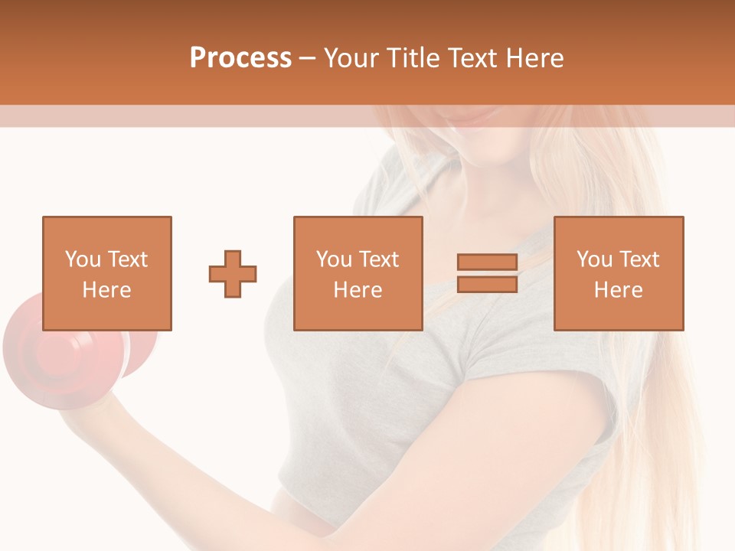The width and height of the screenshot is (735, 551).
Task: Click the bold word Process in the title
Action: point(240,58)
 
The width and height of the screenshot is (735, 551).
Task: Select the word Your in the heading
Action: point(352,58)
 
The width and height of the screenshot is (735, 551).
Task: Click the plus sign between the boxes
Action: point(233,274)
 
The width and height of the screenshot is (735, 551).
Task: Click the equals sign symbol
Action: point(487,274)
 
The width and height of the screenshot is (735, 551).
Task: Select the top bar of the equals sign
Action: point(487,262)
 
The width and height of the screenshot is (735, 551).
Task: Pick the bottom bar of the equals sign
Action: point(487,285)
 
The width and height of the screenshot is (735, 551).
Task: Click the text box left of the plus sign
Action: point(106,273)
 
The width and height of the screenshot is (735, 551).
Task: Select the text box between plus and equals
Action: point(358,273)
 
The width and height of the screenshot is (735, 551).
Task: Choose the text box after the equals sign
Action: point(618,273)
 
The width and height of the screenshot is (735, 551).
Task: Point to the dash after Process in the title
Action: point(307,58)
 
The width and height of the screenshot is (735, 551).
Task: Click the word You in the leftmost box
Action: point(82,259)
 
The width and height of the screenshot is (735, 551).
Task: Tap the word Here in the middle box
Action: point(358,290)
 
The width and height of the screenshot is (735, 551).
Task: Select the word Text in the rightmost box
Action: point(638,259)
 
